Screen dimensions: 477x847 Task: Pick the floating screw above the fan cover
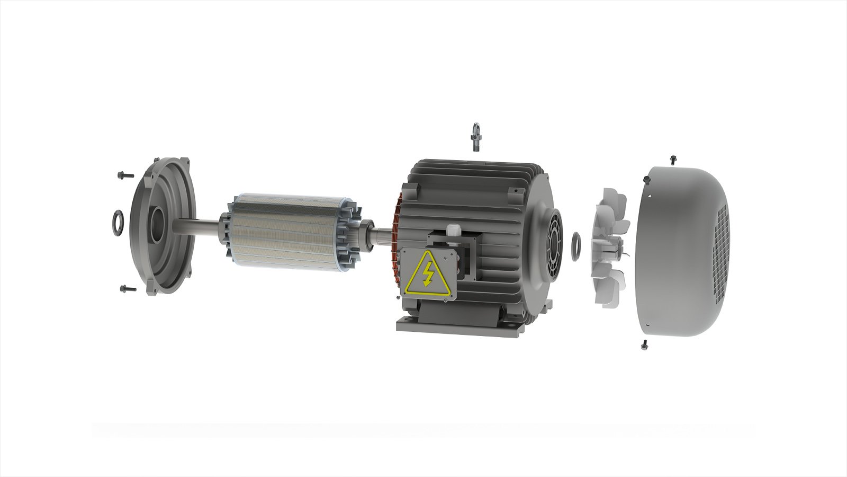click(x=673, y=158)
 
